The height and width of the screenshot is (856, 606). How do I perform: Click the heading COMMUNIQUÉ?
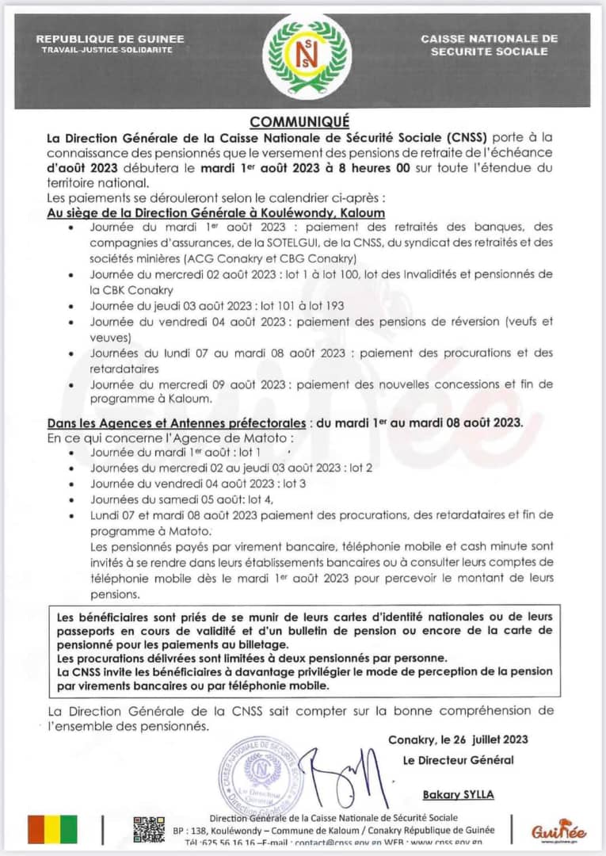coord(299,121)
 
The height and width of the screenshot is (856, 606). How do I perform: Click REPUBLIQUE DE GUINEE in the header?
coord(110,39)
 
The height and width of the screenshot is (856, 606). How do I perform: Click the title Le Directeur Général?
coord(458,760)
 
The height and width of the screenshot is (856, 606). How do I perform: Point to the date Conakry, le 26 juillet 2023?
coord(458,739)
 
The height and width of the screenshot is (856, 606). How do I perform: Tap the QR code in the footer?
coord(149,829)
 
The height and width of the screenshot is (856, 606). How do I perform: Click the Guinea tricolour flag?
coord(52,829)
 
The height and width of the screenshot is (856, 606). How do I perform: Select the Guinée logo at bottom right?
coord(559,831)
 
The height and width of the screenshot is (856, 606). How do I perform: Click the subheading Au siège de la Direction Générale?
coord(216,213)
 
